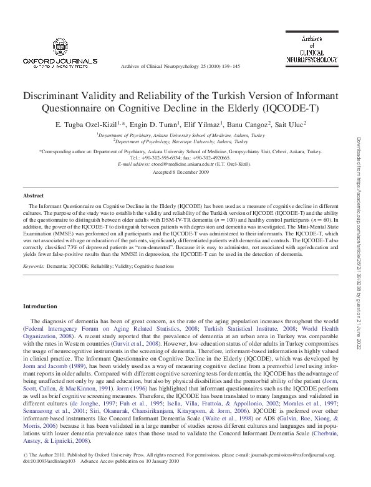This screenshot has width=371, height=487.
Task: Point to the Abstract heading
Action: pyautogui.click(x=33, y=196)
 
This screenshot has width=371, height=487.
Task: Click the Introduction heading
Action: pyautogui.click(x=40, y=306)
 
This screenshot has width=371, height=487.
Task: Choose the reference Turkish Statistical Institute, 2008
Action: pyautogui.click(x=243, y=328)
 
